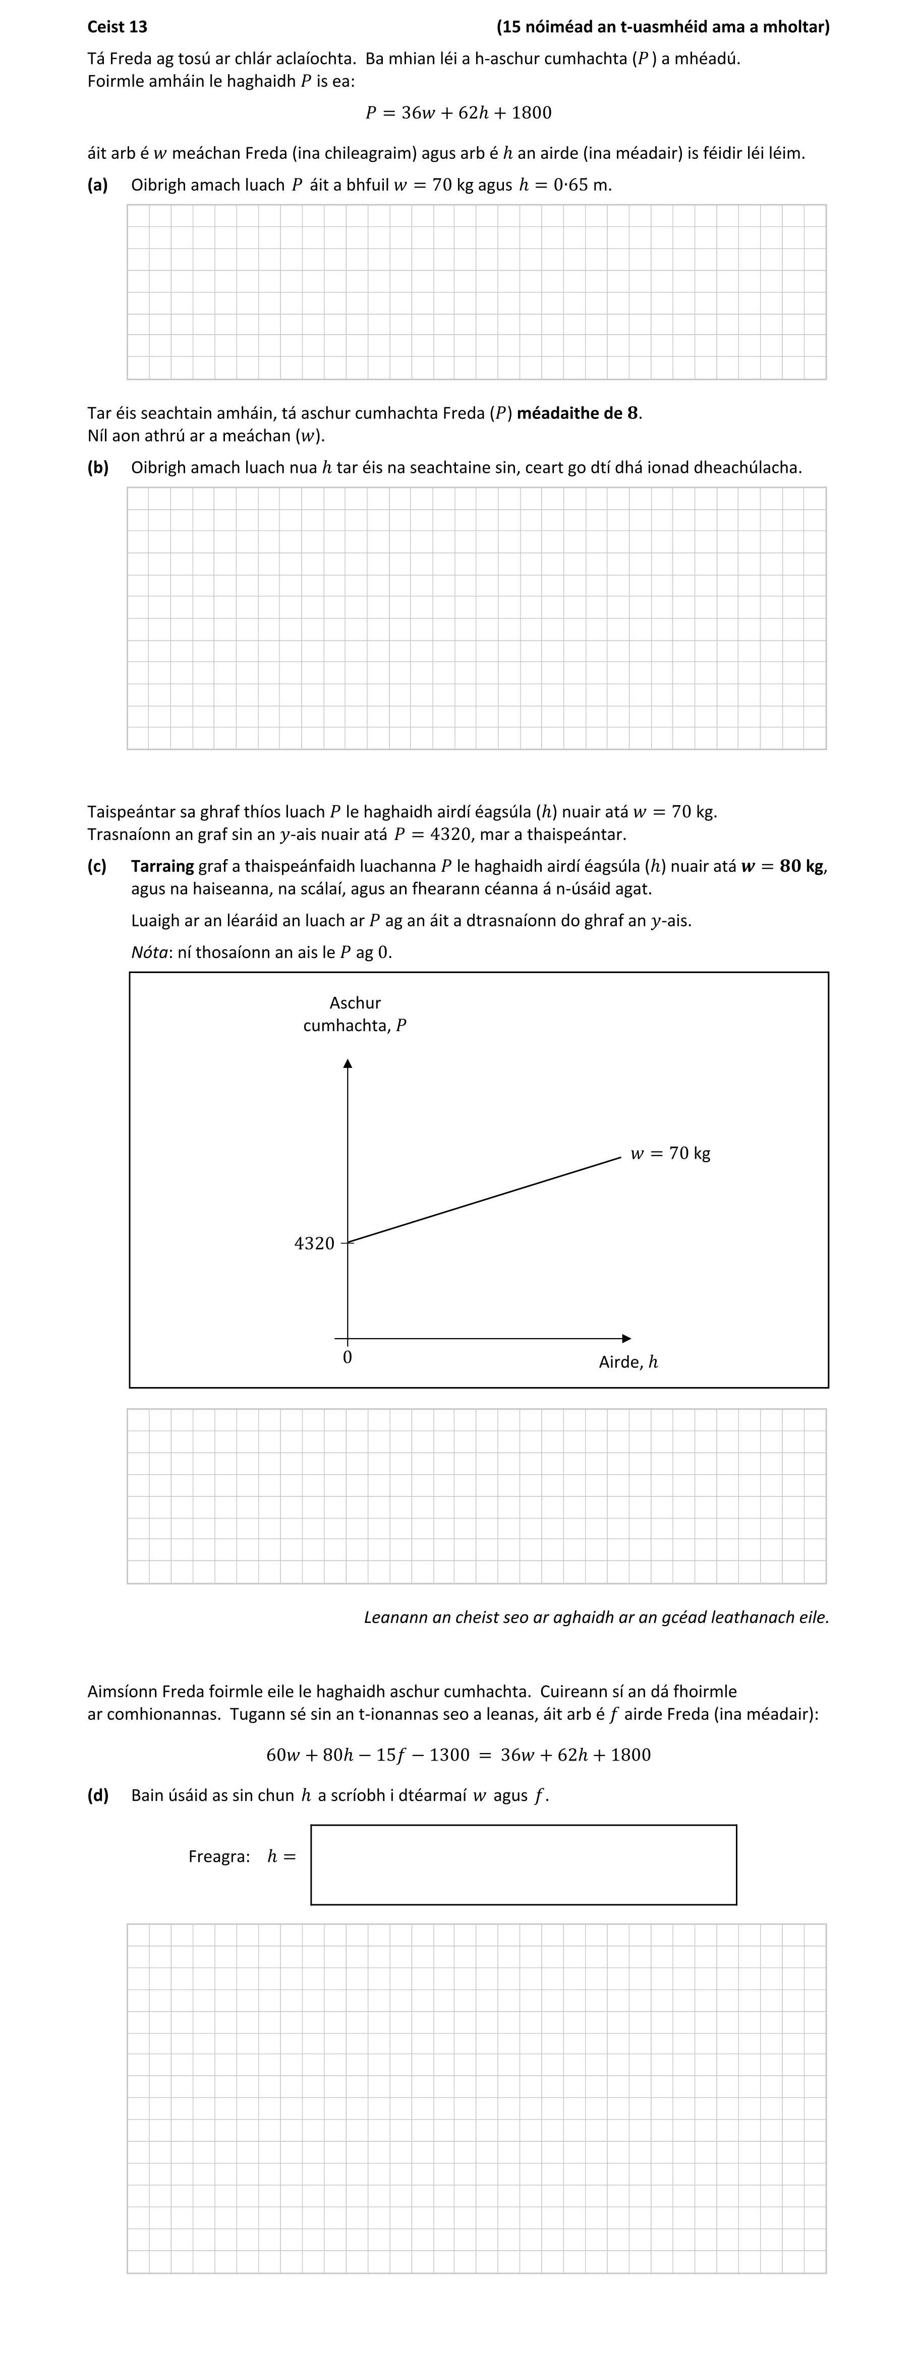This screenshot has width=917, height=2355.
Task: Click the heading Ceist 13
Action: pos(117,27)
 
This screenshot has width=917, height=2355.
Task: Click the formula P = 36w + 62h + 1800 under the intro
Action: pos(458,112)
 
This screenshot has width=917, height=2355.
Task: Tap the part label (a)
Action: pos(98,185)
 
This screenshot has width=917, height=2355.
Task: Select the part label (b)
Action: pos(98,467)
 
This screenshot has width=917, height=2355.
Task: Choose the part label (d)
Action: pos(98,1794)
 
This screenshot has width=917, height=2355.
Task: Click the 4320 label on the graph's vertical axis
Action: pos(315,1243)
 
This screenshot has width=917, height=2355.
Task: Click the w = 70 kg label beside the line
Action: pos(670,1153)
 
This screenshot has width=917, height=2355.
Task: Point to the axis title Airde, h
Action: pos(628,1362)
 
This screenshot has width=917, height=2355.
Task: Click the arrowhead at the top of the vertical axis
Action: pos(348,1062)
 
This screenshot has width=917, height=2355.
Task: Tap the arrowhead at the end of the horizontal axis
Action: pos(626,1339)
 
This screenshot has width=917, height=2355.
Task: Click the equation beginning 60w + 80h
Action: pos(458,1755)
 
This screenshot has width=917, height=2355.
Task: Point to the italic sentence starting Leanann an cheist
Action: pos(596,1617)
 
